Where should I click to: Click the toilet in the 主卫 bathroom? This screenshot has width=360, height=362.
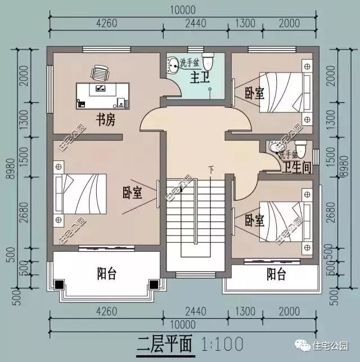click(x=209, y=60)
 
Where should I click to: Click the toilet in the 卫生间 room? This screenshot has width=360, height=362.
click(x=301, y=150)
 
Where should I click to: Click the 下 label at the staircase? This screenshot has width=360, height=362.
click(x=211, y=169)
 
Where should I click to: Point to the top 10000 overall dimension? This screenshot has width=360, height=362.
click(x=181, y=10)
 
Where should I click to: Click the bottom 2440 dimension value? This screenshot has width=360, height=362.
click(x=195, y=310)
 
